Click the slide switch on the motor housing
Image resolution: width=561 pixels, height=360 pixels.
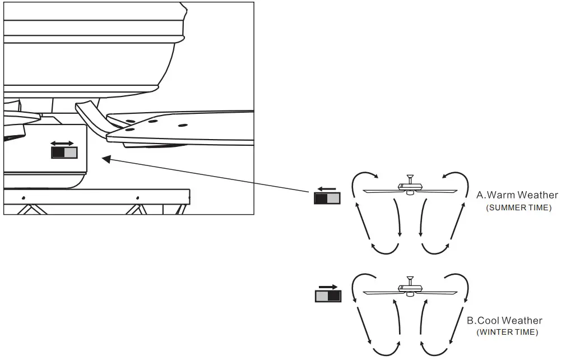click(64, 153)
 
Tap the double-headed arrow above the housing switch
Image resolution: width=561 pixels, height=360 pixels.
click(62, 144)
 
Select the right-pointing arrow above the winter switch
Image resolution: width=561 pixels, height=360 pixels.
click(328, 287)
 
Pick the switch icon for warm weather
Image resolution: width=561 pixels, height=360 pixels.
click(327, 199)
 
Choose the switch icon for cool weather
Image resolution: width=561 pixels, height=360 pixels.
click(328, 296)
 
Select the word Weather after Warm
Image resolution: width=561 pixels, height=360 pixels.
click(538, 195)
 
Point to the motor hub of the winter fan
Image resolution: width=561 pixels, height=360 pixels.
click(410, 288)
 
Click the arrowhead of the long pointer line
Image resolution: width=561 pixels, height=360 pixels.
click(104, 159)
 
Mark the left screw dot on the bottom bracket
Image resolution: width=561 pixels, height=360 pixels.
click(23, 199)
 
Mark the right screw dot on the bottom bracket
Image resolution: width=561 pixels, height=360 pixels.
click(137, 199)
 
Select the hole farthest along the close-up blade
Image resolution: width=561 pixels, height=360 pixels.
click(183, 124)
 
